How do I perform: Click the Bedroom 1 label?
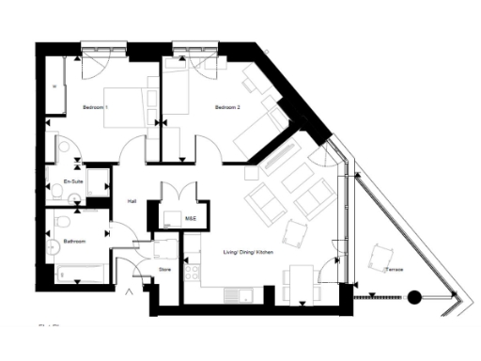[95, 108]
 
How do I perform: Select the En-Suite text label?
[73, 180]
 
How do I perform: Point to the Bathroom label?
[74, 243]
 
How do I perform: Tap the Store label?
[164, 270]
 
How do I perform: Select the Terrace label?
[394, 270]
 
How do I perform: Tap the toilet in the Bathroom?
[62, 222]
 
